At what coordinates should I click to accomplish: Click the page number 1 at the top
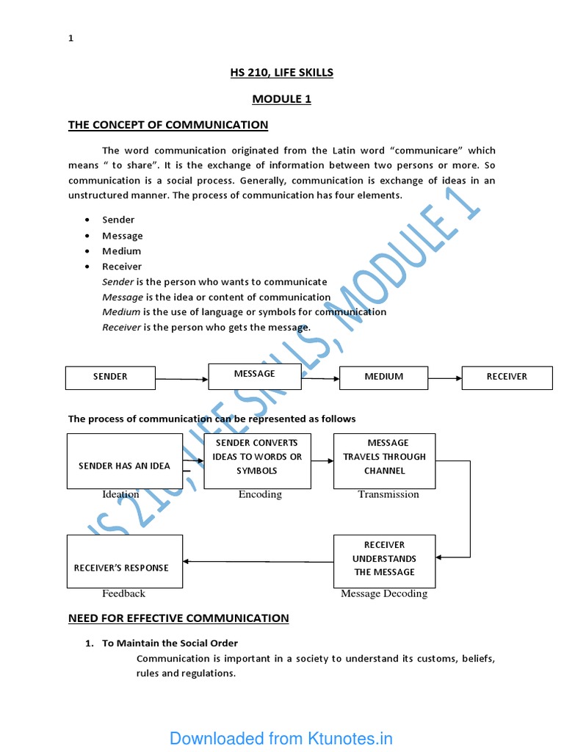point(71,39)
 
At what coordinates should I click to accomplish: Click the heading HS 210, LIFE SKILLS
point(282,72)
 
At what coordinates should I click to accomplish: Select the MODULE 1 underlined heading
point(282,99)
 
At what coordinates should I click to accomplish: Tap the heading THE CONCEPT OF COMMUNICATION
point(168,125)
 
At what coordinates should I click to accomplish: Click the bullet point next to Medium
point(87,251)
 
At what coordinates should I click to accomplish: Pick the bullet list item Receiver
point(122,267)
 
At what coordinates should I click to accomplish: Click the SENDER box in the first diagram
point(110,377)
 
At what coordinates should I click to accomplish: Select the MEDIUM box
point(383,377)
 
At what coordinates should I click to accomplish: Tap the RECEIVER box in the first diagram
point(507,377)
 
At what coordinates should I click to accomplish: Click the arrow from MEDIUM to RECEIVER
point(444,378)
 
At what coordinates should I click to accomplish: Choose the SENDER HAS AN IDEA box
point(124,461)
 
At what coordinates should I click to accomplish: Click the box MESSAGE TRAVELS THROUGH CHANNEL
point(384,460)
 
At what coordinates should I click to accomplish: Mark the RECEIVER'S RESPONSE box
point(124,562)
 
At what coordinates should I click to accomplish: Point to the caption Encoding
point(260,494)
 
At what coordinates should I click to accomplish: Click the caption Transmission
point(388,494)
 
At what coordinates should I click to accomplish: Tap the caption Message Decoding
point(384,593)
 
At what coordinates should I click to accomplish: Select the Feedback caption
point(123,593)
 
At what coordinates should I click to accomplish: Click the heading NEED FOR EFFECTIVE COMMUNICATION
point(178,618)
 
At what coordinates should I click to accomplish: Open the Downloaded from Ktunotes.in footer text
point(281,738)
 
